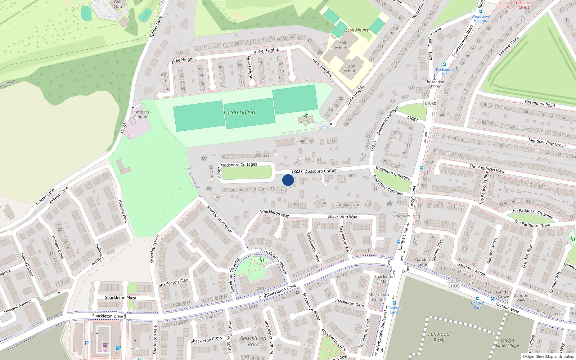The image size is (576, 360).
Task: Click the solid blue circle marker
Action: tap(288, 180)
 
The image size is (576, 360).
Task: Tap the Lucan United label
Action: tap(239, 112)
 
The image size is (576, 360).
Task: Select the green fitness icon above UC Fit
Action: tap(306, 116)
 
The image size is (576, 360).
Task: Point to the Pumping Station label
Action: tap(140, 114)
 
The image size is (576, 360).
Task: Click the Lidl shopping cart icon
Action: tap(105, 345)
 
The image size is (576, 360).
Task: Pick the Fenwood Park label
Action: tap(439, 337)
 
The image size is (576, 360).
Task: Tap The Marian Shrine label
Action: tap(435, 84)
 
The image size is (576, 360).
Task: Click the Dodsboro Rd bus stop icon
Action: tap(444, 65)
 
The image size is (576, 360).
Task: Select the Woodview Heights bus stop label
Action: tap(480, 18)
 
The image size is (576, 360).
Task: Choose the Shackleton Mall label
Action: tap(384, 279)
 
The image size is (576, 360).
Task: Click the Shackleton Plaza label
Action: tap(121, 298)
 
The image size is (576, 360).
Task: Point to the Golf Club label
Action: tap(118, 4)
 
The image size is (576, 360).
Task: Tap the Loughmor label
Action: tap(305, 141)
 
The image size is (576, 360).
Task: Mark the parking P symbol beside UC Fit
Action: tap(323, 127)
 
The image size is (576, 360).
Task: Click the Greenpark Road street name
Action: tap(540, 104)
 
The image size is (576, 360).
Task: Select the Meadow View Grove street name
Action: tap(547, 143)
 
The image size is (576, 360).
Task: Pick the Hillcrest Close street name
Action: tap(509, 46)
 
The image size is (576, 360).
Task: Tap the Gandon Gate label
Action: tap(423, 262)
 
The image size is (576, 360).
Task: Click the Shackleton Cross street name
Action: tap(206, 340)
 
